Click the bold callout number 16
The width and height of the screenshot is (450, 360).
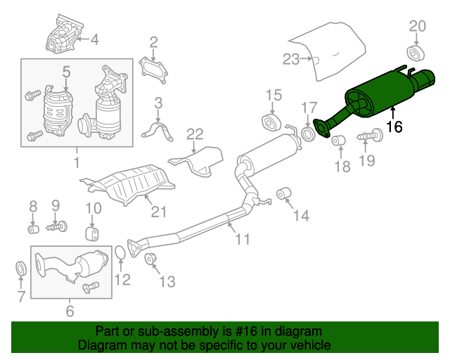[394, 127]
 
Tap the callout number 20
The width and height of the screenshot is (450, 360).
[417, 27]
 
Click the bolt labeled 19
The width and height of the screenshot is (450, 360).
[371, 136]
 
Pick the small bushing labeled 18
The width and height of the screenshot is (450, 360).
[339, 140]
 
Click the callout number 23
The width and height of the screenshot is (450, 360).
[291, 60]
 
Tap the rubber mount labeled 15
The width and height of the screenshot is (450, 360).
[271, 122]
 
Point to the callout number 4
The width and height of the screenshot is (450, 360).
[94, 39]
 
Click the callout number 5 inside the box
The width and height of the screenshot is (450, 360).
[66, 72]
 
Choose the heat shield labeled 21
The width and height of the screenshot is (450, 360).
[128, 184]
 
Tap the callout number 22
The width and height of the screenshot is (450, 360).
[195, 134]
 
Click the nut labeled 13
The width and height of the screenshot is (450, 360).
[150, 258]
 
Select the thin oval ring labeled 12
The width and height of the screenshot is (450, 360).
[120, 252]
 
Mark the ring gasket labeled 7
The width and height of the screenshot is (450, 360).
[21, 268]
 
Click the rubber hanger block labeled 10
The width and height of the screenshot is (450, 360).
[92, 233]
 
